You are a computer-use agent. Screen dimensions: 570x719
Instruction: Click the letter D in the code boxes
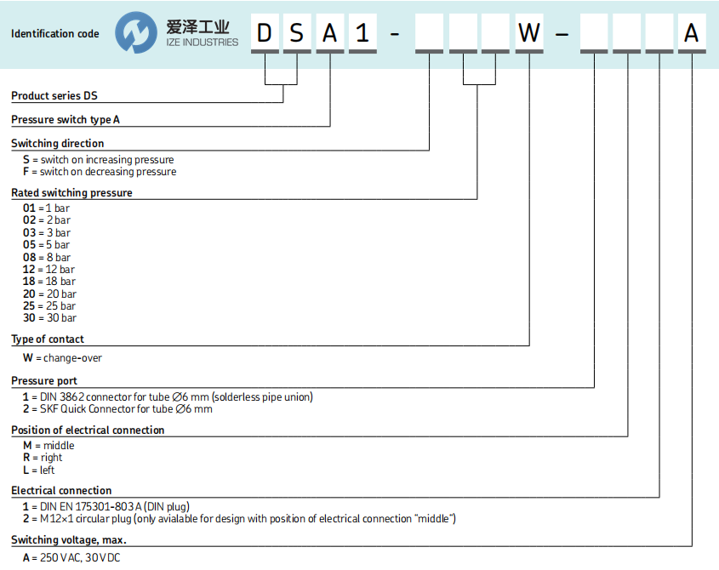pyautogui.click(x=265, y=33)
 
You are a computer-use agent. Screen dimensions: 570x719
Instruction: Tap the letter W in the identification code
pyautogui.click(x=529, y=33)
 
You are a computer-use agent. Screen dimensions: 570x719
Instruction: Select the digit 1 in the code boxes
pyautogui.click(x=363, y=33)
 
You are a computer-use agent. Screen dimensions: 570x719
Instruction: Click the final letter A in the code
pyautogui.click(x=692, y=33)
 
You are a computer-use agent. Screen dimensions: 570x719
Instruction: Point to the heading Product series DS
pyautogui.click(x=54, y=96)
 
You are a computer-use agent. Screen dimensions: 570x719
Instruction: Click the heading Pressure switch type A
pyautogui.click(x=65, y=120)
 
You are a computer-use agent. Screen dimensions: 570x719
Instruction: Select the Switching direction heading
pyautogui.click(x=57, y=144)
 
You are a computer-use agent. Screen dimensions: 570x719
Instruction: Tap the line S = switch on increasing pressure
pyautogui.click(x=98, y=160)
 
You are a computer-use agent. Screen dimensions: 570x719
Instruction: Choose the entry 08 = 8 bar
pyautogui.click(x=47, y=257)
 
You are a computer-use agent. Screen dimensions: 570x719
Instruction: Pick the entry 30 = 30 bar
pyautogui.click(x=49, y=318)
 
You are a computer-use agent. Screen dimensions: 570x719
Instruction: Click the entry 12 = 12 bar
pyautogui.click(x=49, y=270)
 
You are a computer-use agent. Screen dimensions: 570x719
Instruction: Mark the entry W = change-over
pyautogui.click(x=62, y=358)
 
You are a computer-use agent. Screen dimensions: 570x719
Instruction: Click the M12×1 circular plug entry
pyautogui.click(x=238, y=519)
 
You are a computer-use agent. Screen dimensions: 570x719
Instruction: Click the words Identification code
pyautogui.click(x=54, y=34)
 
